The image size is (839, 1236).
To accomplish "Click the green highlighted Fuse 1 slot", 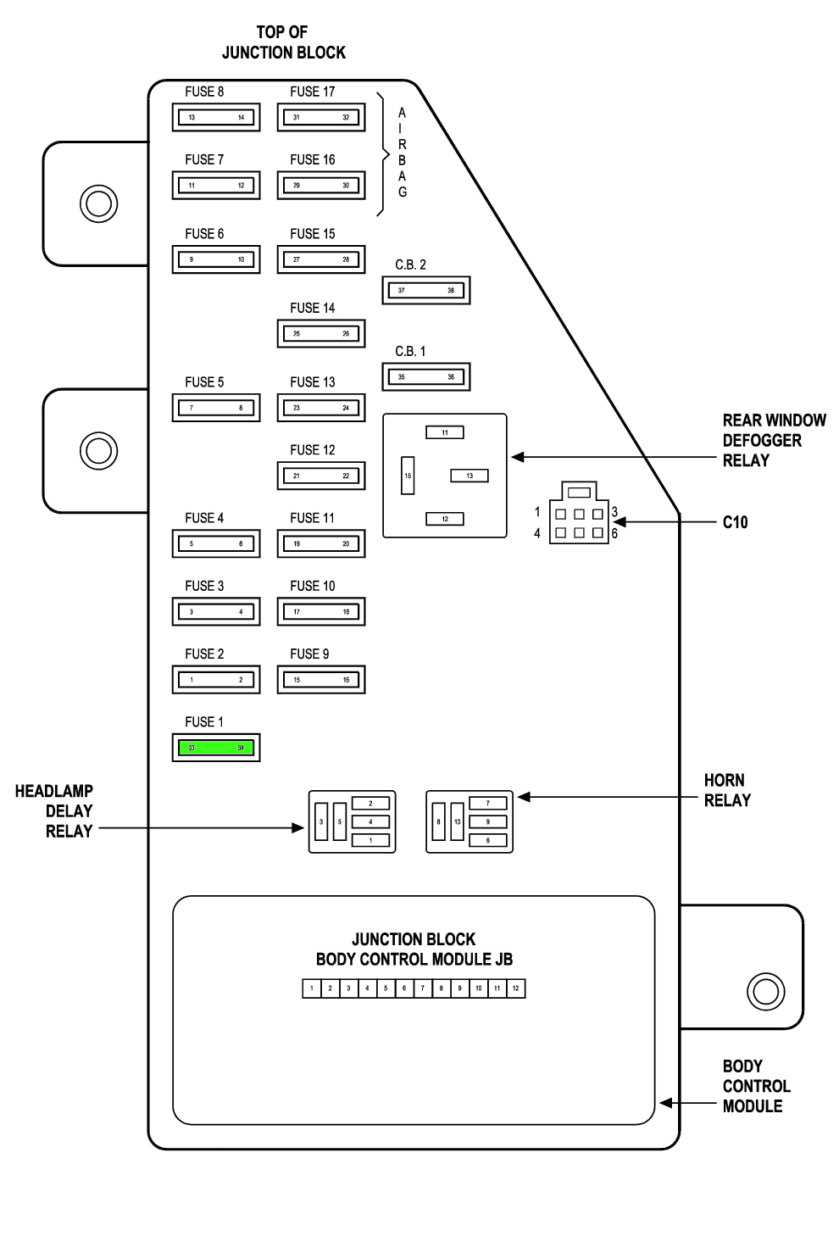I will (216, 748).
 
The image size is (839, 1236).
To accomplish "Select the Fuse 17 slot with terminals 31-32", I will (321, 117).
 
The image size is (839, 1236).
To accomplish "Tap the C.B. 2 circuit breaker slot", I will (426, 290).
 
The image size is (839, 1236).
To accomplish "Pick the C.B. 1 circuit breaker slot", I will (426, 376).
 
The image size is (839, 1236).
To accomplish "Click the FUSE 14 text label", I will (312, 309).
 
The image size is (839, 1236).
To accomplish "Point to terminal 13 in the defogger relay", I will (470, 476).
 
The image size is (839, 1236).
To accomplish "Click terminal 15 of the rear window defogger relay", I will (408, 476).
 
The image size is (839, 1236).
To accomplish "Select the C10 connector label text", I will (735, 522).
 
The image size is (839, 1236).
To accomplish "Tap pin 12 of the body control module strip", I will (515, 988).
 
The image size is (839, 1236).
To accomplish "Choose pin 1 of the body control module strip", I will (312, 988).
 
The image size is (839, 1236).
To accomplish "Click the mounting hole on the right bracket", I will (764, 990).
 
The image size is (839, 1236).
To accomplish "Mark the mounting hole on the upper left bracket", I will (98, 203).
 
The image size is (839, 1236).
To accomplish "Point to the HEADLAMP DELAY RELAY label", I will (54, 811).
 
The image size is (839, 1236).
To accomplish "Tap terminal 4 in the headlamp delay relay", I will (370, 821).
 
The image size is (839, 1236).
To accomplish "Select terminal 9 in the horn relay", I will (487, 821).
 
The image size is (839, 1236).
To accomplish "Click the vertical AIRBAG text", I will (403, 153).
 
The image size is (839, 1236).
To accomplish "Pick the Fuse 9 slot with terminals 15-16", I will (321, 680).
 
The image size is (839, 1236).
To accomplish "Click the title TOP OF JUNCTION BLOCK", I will (283, 42).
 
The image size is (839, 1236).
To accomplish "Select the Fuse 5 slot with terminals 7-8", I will (216, 408).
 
